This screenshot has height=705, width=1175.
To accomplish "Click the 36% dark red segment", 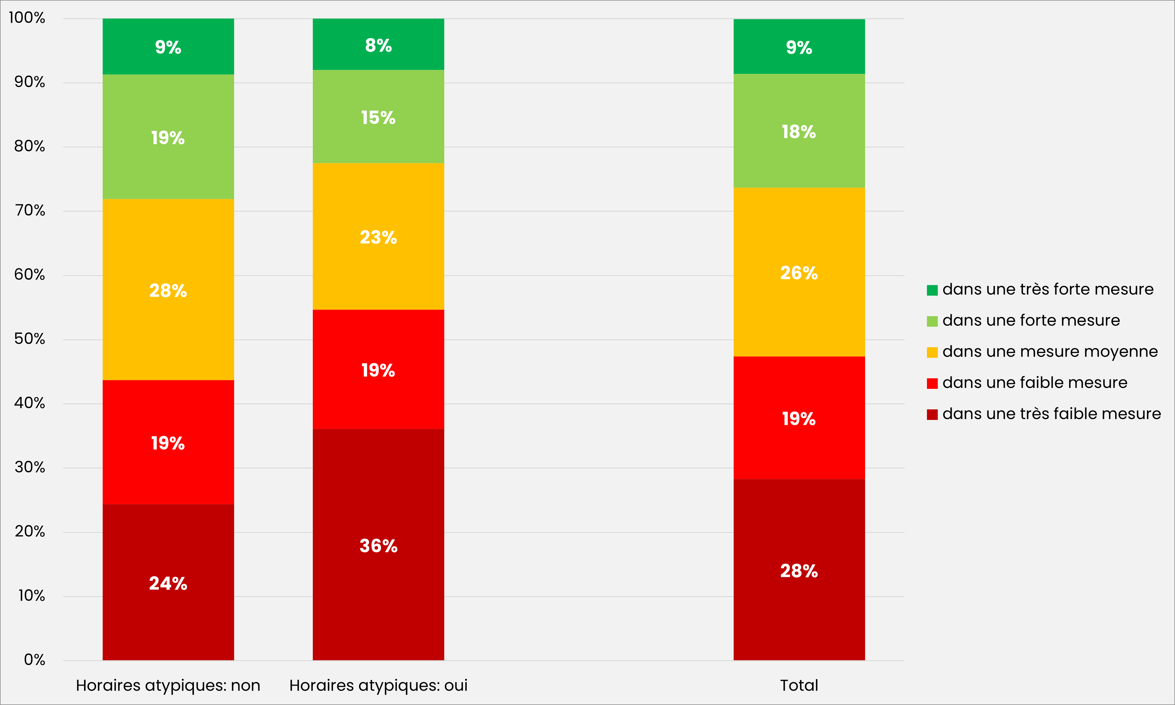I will click(378, 545).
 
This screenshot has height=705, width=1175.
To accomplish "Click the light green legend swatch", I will click(932, 322).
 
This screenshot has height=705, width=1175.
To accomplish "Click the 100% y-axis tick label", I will click(27, 18).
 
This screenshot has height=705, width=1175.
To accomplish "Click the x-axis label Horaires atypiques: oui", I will click(378, 685).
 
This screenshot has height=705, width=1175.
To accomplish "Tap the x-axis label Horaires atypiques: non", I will click(168, 685).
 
